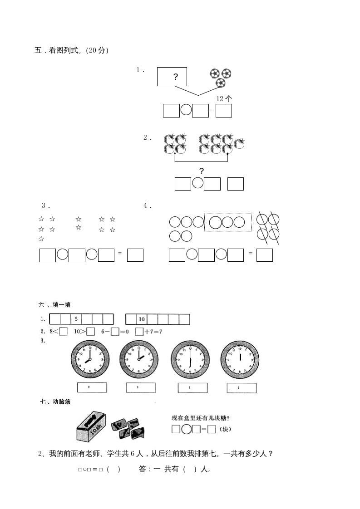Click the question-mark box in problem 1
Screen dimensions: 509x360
(x=172, y=77)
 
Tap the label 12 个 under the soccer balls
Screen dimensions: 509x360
(x=224, y=98)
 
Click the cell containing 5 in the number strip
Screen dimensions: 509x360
(x=76, y=319)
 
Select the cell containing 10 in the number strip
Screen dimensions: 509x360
(x=141, y=319)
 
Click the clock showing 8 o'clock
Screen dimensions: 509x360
(x=90, y=359)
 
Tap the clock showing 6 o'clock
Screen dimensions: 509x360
(x=190, y=359)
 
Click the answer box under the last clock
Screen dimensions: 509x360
(x=242, y=388)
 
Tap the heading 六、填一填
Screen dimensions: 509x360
(x=55, y=305)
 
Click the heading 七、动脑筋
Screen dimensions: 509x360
(x=55, y=401)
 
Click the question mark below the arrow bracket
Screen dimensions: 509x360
(x=202, y=171)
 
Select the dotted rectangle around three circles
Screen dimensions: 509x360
(x=227, y=222)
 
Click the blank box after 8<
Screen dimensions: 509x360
(x=64, y=332)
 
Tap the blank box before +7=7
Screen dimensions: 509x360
(x=139, y=332)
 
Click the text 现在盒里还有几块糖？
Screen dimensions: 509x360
(x=200, y=418)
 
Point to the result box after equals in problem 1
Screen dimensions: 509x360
(x=223, y=111)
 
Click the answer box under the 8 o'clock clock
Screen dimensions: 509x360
(x=92, y=387)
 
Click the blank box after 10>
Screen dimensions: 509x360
(x=90, y=332)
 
